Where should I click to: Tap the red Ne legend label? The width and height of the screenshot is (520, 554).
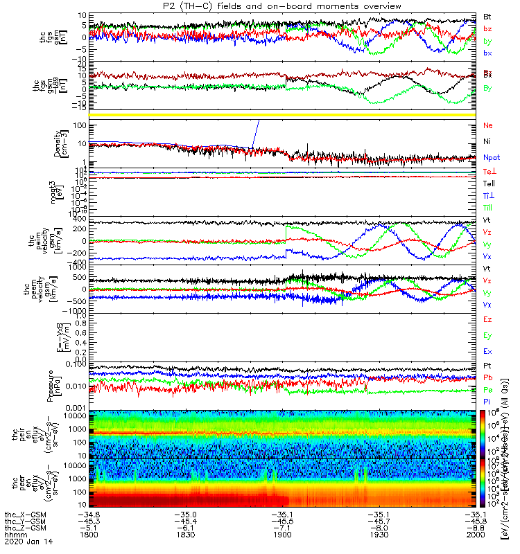(x=488, y=126)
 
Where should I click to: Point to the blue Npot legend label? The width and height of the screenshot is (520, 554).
(x=491, y=158)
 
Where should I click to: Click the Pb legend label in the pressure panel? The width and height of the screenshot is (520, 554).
(x=488, y=378)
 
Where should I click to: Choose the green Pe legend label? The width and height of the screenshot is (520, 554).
(x=488, y=391)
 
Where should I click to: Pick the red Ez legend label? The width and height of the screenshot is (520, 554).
(x=488, y=320)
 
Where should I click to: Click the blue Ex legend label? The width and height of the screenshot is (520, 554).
(x=488, y=351)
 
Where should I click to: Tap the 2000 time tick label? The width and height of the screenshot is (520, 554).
(x=475, y=536)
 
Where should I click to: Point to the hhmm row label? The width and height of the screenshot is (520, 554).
(x=14, y=536)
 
